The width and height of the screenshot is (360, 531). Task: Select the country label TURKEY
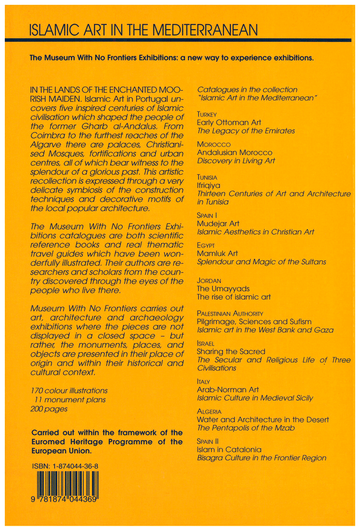pos(207,114)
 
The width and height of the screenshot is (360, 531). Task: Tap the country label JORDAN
pos(209,280)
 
